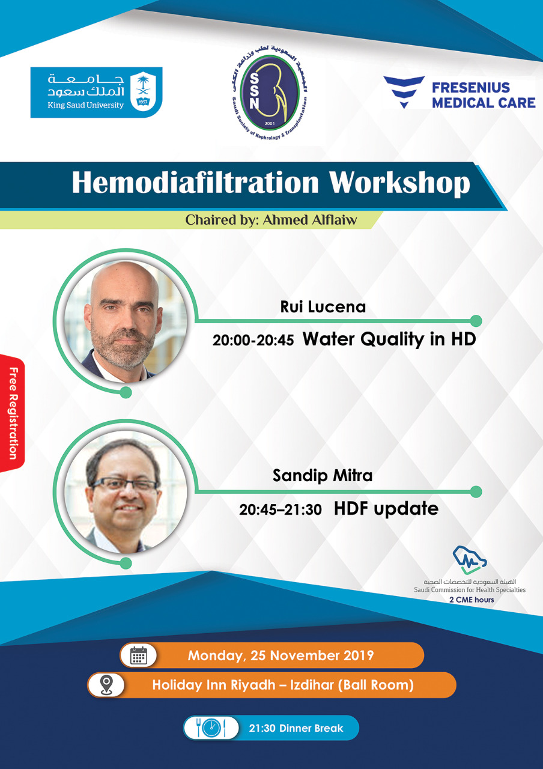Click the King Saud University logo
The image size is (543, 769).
[97, 92]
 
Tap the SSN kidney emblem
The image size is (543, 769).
[269, 92]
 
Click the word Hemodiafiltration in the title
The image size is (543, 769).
[195, 183]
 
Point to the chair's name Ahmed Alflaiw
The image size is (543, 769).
[310, 220]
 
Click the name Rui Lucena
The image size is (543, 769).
[323, 307]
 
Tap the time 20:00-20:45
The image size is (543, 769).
[253, 340]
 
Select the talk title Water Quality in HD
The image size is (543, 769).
[389, 339]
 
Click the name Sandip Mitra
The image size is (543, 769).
[323, 476]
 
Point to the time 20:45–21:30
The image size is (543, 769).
[281, 510]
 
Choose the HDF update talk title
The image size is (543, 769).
[386, 509]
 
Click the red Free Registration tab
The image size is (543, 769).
[13, 414]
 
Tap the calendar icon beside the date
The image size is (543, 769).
[138, 655]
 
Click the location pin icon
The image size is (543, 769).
[106, 685]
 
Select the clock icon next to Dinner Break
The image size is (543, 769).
[211, 728]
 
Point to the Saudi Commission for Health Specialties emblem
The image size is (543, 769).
[469, 560]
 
